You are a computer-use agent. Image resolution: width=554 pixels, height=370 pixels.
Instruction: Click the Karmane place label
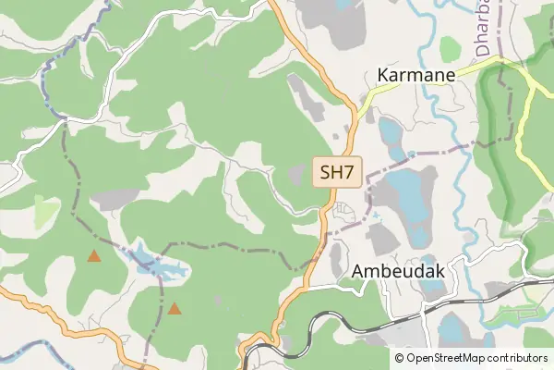pyautogui.click(x=418, y=75)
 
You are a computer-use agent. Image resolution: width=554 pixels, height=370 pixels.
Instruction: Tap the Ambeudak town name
pyautogui.click(x=399, y=271)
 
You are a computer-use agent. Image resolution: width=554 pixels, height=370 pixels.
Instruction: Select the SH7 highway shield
pyautogui.click(x=336, y=172)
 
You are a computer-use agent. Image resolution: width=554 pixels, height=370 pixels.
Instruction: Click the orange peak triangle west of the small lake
pyautogui.click(x=93, y=255)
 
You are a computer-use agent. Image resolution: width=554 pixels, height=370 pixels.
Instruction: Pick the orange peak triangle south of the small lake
pyautogui.click(x=173, y=308)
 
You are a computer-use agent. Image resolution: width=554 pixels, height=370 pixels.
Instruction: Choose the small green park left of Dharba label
pyautogui.click(x=451, y=48)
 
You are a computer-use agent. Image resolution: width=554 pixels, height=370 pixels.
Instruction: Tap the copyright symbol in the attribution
pyautogui.click(x=399, y=358)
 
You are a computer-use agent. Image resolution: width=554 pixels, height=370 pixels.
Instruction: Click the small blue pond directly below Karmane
pyautogui.click(x=391, y=135)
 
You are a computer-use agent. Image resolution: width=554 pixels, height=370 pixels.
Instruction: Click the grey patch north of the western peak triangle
pyautogui.click(x=115, y=199)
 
